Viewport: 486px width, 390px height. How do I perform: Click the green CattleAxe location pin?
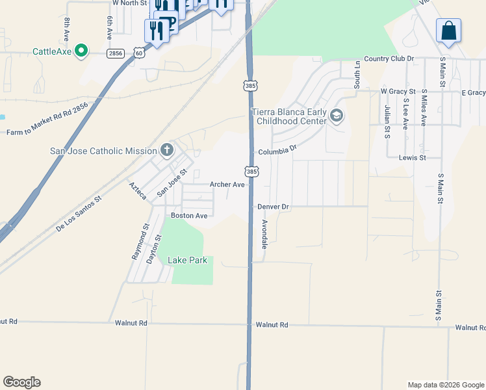[x=81, y=51]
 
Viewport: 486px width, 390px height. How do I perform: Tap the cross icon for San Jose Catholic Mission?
[x=167, y=151]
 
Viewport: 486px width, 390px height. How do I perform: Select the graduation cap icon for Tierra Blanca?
[x=336, y=116]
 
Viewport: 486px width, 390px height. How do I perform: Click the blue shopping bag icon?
[x=448, y=31]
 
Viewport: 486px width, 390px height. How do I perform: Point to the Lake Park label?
[x=187, y=260]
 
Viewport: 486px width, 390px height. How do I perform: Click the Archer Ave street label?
[x=227, y=185]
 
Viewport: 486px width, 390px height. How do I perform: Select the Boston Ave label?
[x=188, y=215]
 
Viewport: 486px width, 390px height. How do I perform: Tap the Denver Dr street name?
[x=273, y=207]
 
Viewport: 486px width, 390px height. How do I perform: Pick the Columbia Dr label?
[x=277, y=151]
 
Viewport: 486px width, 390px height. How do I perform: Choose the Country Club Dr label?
[x=389, y=59]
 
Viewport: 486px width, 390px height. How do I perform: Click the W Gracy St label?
[x=398, y=92]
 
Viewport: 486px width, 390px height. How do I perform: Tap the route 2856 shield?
[x=116, y=53]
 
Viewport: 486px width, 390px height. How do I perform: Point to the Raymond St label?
[x=140, y=242]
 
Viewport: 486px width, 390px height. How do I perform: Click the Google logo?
[x=21, y=382]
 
